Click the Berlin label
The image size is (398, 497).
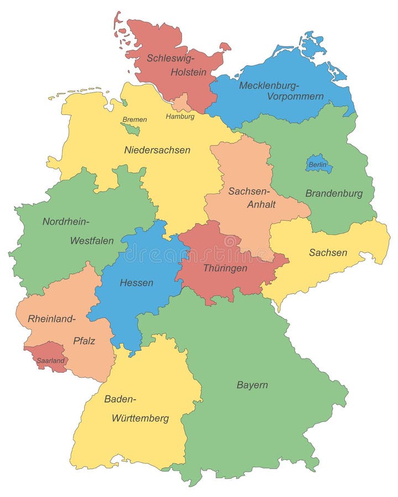click(318, 165)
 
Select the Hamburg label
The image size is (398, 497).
click(180, 117)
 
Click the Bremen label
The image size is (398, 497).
click(134, 119)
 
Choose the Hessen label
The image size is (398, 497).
click(137, 283)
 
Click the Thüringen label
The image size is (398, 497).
click(225, 268)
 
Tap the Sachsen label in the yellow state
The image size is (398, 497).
click(328, 252)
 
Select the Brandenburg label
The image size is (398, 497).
click(334, 193)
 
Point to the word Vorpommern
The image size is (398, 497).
click(295, 96)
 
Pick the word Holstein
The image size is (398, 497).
click(188, 72)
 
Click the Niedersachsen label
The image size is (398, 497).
click(157, 150)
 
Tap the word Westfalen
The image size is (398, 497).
click(92, 240)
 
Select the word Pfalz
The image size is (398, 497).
click(84, 341)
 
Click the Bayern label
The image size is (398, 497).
click(252, 385)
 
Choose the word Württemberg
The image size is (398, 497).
click(140, 418)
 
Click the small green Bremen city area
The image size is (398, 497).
click(130, 129)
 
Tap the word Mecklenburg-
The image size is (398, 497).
click(269, 85)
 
